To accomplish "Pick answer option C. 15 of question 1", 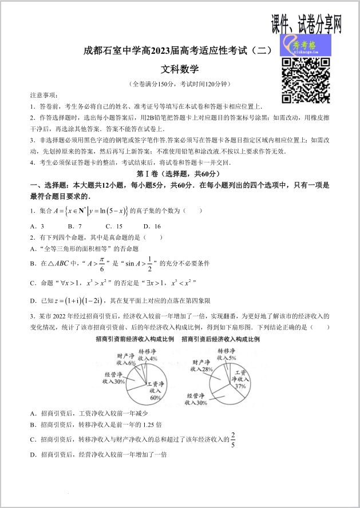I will [115, 226].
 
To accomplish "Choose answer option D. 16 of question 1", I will [152, 226].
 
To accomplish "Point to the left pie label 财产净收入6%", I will [126, 359].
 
